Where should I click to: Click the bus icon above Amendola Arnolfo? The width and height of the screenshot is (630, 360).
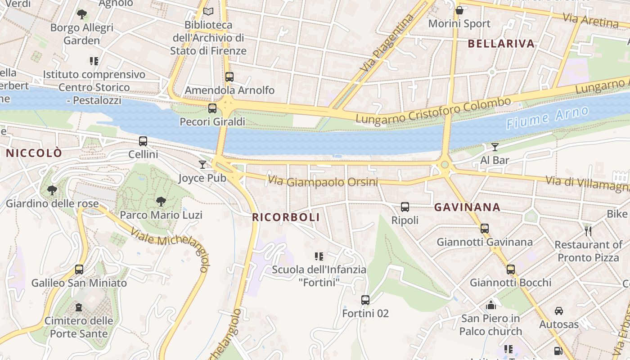[x=229, y=77]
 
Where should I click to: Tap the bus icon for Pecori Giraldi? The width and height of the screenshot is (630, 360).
[x=212, y=108]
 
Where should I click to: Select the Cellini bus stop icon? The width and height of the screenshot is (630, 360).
[x=143, y=141]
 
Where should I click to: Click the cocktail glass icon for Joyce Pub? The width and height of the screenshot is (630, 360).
[x=202, y=165]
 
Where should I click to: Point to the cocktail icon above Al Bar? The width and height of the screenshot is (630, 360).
[x=495, y=147]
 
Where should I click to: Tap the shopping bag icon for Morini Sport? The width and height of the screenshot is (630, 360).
[x=459, y=10]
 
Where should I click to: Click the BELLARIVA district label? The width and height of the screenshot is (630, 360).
[x=501, y=44]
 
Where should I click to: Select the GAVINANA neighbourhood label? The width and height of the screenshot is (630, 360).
[x=467, y=207]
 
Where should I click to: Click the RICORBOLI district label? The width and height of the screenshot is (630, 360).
[x=286, y=217]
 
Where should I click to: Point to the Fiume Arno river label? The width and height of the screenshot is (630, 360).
[x=547, y=118]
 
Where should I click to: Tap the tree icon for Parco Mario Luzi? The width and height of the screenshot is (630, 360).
[x=161, y=202]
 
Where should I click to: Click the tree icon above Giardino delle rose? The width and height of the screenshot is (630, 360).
[x=52, y=190]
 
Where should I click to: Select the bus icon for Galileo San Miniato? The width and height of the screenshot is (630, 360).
[x=79, y=270]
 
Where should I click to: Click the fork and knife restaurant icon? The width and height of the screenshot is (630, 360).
[x=588, y=231]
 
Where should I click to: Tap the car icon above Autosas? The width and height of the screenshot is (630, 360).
[x=559, y=311]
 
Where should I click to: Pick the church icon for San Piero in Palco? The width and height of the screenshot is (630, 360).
[x=491, y=305]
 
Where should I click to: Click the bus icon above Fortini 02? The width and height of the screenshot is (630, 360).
[x=365, y=300]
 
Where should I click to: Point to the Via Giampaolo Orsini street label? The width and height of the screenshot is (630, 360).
[x=323, y=182]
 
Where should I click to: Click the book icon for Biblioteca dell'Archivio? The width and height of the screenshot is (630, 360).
[x=208, y=11]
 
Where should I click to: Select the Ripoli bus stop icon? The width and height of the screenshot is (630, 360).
[x=405, y=207]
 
